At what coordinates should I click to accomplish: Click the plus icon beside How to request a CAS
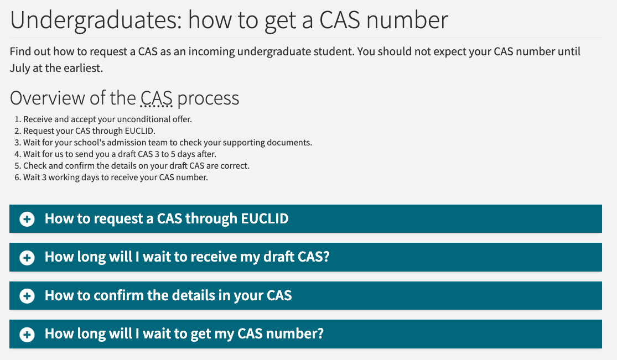click(27, 219)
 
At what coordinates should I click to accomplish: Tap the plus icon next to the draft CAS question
click(27, 258)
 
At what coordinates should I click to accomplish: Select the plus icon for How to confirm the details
click(27, 296)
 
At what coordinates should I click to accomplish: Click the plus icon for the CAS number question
click(27, 335)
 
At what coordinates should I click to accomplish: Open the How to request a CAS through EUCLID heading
click(166, 218)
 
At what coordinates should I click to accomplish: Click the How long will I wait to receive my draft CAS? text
click(186, 257)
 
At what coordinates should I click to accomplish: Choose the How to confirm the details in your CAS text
click(168, 295)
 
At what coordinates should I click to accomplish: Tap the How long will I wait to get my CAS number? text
click(184, 334)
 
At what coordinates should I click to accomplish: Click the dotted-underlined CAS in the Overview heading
click(156, 98)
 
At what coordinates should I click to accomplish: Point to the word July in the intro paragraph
click(20, 69)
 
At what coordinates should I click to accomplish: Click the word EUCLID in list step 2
click(141, 131)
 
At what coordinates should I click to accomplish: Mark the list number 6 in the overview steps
click(17, 178)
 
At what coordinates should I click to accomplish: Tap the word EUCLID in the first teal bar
click(265, 218)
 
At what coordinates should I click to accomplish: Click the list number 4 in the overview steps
click(17, 154)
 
